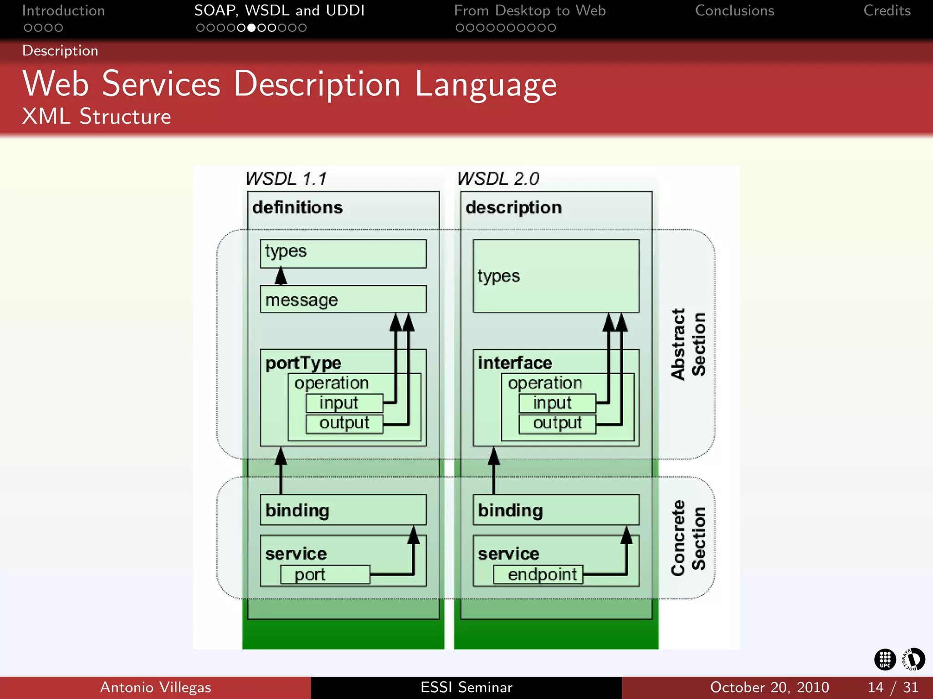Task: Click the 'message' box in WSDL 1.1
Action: pos(343,299)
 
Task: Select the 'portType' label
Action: pos(303,363)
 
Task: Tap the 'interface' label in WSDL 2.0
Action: pos(515,363)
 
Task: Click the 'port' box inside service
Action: pos(325,574)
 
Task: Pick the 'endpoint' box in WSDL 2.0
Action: pos(538,574)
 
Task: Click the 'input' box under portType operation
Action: pos(344,403)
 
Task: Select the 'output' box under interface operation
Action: pos(557,423)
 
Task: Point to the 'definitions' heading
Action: pos(297,208)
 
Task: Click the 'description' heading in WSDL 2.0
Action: pos(513,208)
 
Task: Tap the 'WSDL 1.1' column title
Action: pos(286,179)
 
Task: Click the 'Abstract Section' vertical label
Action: pos(688,344)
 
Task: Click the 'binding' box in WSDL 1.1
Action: pos(343,510)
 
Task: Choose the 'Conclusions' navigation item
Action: pos(734,10)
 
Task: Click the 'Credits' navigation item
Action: pos(887,10)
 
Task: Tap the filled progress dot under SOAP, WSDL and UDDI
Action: pos(251,28)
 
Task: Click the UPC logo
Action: pos(885,659)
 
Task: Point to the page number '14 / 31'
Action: pos(892,687)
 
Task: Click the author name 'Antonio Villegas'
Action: pos(155,687)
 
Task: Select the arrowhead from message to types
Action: pos(281,275)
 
